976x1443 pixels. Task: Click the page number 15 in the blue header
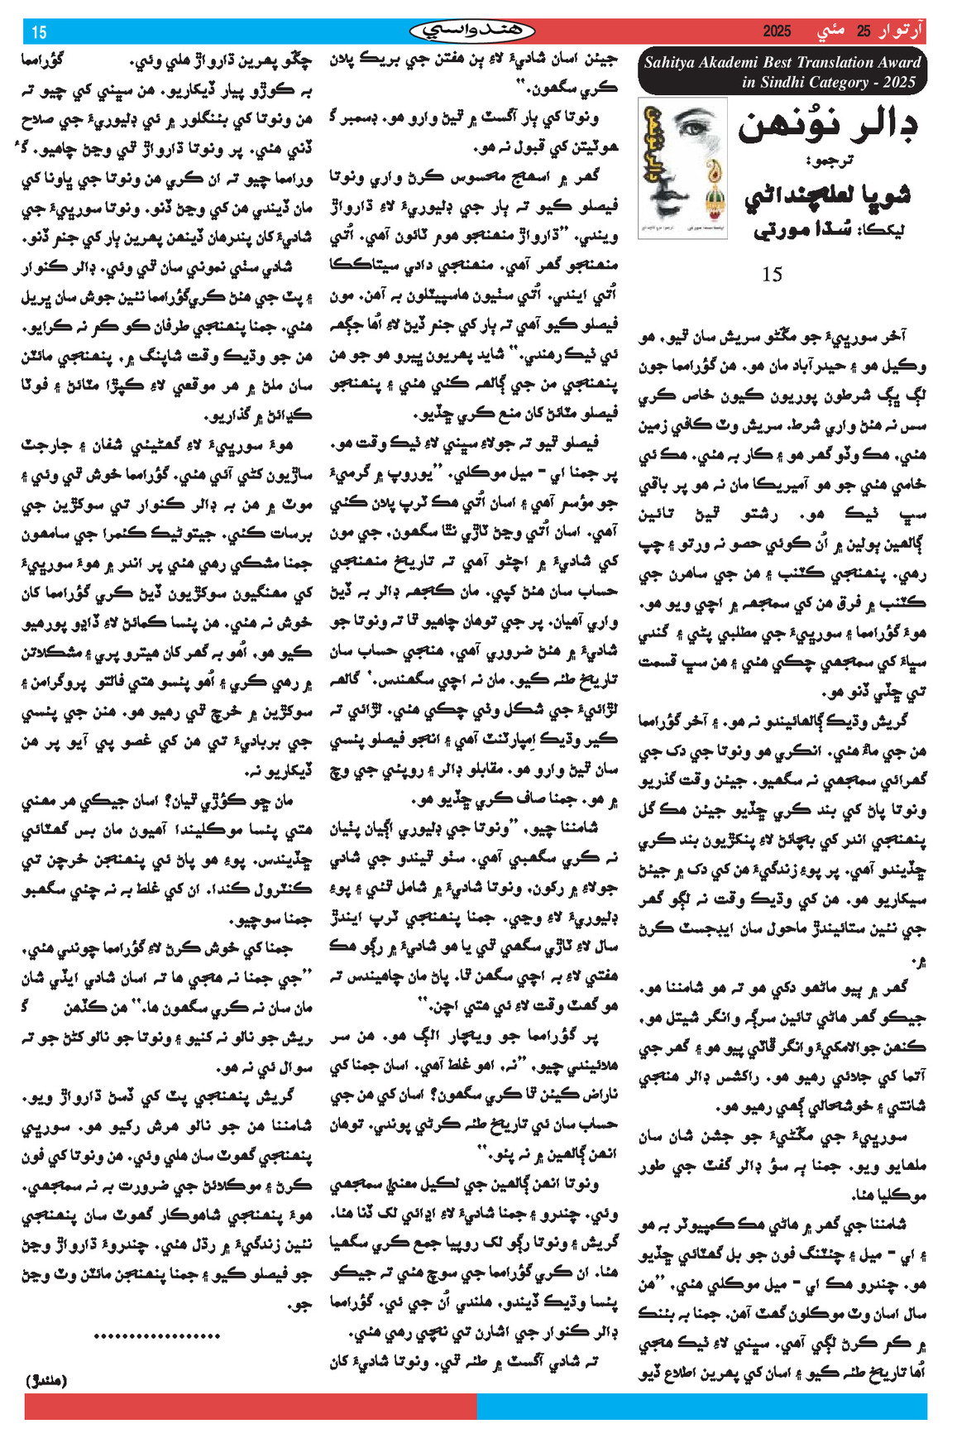[39, 32]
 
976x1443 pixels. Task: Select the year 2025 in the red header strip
[777, 31]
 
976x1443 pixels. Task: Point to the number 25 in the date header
[864, 31]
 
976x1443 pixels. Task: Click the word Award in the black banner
[898, 62]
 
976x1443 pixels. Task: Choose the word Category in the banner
[844, 82]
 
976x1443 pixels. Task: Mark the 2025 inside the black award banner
[899, 82]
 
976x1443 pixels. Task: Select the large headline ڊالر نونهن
[827, 126]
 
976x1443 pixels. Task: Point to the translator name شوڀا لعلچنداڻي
[828, 195]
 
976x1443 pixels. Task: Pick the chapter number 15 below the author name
[771, 274]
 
